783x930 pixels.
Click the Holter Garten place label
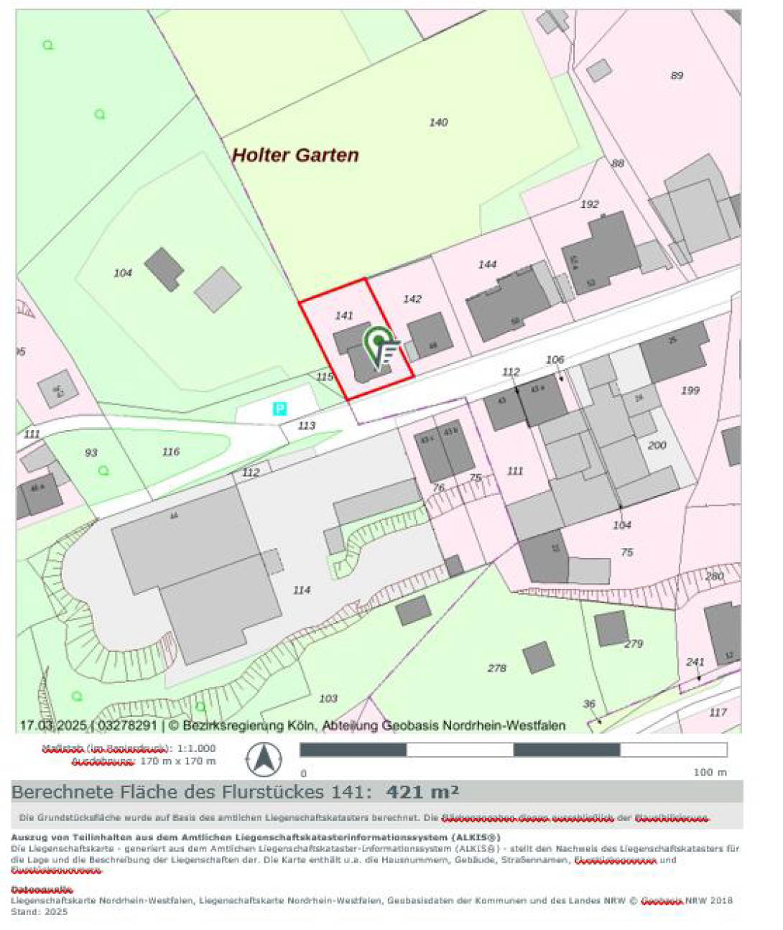[295, 155]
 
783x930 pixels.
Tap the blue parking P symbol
[280, 409]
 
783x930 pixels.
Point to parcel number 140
[438, 122]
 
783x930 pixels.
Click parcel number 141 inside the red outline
[344, 315]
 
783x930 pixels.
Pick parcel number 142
[412, 299]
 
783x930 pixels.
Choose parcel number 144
[487, 264]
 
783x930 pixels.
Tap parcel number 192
[589, 204]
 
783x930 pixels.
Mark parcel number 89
[677, 75]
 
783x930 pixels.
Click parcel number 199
[690, 391]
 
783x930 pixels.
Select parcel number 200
[657, 445]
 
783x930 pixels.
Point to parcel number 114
[302, 590]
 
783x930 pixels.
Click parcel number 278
[497, 668]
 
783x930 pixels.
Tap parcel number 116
[171, 452]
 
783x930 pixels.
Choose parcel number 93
[91, 452]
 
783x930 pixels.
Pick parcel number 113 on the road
[306, 425]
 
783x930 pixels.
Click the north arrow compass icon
[264, 759]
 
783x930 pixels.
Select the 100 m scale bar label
[710, 772]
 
